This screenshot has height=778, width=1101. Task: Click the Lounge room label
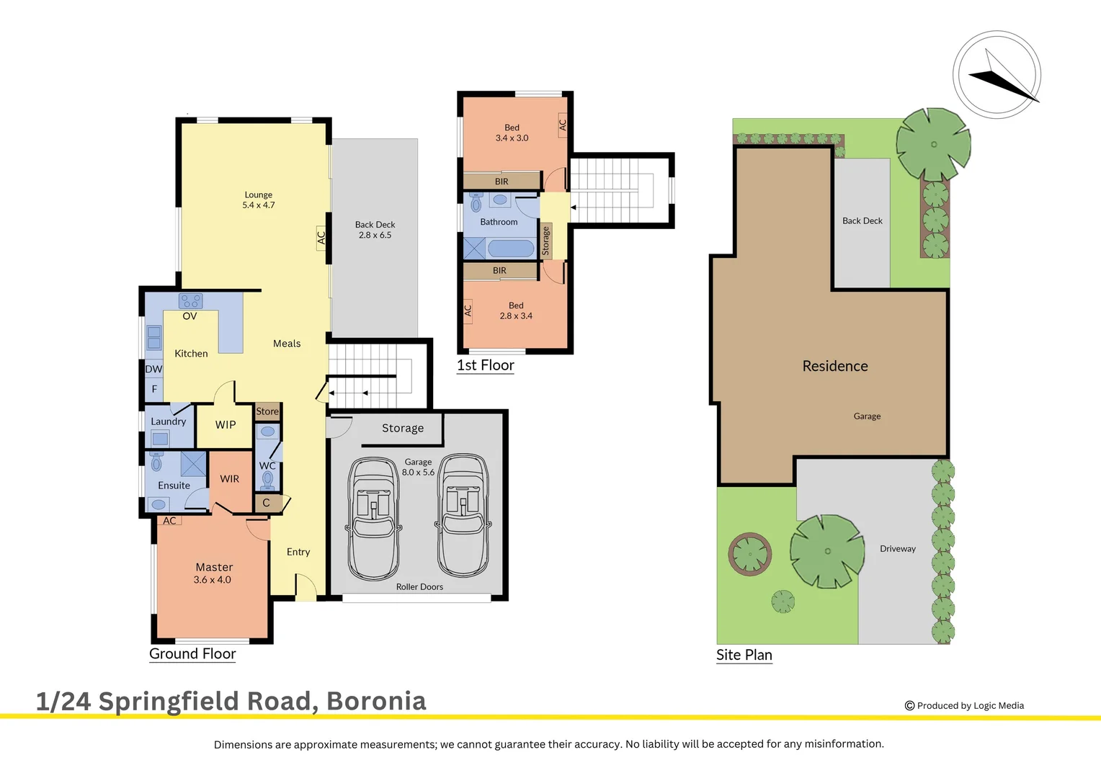click(258, 194)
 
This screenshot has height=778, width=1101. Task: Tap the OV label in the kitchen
click(190, 316)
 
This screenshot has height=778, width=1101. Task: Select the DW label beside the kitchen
click(153, 369)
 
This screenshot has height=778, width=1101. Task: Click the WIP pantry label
click(226, 425)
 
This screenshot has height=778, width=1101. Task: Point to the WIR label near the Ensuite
click(229, 479)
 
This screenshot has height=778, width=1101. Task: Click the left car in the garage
click(373, 519)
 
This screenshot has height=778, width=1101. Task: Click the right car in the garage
click(463, 515)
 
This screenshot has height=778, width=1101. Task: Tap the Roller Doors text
click(419, 587)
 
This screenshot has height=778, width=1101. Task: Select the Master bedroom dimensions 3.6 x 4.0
click(212, 580)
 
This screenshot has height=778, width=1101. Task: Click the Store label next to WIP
click(267, 411)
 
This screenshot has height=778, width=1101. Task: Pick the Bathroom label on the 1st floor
click(499, 222)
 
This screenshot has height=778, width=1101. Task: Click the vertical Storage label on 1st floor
click(546, 241)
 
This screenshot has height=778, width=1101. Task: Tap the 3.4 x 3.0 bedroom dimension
click(512, 138)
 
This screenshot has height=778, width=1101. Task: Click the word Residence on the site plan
click(835, 366)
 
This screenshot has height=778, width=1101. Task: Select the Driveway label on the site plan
click(897, 549)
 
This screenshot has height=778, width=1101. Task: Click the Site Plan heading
click(744, 655)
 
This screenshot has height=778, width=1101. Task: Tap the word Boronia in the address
click(376, 701)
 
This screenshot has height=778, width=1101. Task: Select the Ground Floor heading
click(192, 653)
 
